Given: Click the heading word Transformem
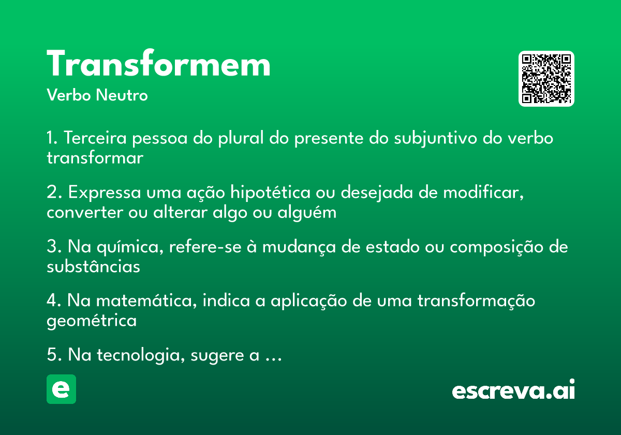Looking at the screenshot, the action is pyautogui.click(x=158, y=63).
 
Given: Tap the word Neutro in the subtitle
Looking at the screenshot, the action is pyautogui.click(x=122, y=95).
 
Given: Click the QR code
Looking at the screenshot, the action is pyautogui.click(x=546, y=79).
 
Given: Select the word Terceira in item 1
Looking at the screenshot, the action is pyautogui.click(x=95, y=138).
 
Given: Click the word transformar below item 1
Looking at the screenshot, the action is pyautogui.click(x=95, y=157).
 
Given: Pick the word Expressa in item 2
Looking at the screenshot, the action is pyautogui.click(x=105, y=193).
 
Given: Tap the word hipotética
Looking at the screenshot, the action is pyautogui.click(x=270, y=193).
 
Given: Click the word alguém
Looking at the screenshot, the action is pyautogui.click(x=307, y=213).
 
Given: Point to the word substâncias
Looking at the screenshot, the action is pyautogui.click(x=94, y=266).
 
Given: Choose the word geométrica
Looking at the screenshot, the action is pyautogui.click(x=92, y=321).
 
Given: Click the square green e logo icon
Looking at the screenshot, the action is pyautogui.click(x=61, y=389).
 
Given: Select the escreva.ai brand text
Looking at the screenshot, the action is pyautogui.click(x=513, y=389).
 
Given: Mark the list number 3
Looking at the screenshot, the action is pyautogui.click(x=52, y=246).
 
